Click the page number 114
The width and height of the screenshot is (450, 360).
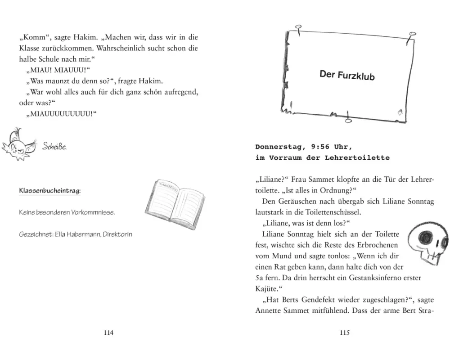point(108,333)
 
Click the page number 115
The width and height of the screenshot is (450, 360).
point(344,333)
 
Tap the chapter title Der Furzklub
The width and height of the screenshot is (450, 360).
point(347,75)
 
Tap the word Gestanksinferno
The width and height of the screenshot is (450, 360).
point(369,278)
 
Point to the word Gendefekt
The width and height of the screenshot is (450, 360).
point(328,300)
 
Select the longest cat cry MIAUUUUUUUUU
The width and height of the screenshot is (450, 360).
point(61,114)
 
